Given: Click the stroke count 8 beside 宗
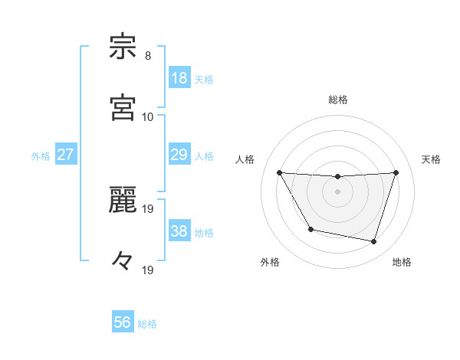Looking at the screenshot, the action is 148,56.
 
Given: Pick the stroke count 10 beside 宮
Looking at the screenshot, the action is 148,116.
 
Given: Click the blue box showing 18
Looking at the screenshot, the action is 179,78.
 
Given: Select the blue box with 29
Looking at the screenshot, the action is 179,155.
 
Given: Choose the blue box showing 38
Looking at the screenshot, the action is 179,231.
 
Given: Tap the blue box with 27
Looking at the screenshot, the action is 66,155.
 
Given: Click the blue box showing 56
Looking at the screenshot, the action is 123,322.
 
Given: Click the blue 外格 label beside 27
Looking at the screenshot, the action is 41,156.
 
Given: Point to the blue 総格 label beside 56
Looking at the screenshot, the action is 147,324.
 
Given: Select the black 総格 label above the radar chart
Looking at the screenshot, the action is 338,100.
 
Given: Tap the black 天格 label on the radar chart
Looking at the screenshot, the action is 432,159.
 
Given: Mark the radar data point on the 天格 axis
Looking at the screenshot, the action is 396,172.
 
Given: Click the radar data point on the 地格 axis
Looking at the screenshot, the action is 374,241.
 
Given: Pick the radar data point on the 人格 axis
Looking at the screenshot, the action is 279,172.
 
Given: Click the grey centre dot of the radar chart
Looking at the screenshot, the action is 337,191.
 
